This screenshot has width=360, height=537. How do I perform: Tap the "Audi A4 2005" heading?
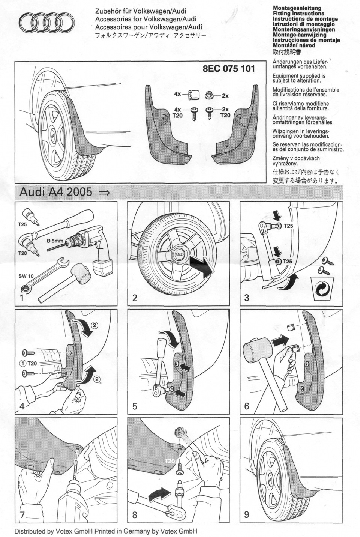tap(55, 192)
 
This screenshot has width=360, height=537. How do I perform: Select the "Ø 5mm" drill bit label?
tap(55, 241)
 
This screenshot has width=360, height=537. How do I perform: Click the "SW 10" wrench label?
tap(26, 276)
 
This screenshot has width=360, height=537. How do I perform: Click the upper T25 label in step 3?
tap(288, 226)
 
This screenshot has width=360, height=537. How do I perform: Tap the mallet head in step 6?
tap(254, 349)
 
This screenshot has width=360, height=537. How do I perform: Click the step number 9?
tap(247, 514)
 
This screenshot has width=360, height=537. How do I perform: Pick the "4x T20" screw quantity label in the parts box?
tap(177, 113)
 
